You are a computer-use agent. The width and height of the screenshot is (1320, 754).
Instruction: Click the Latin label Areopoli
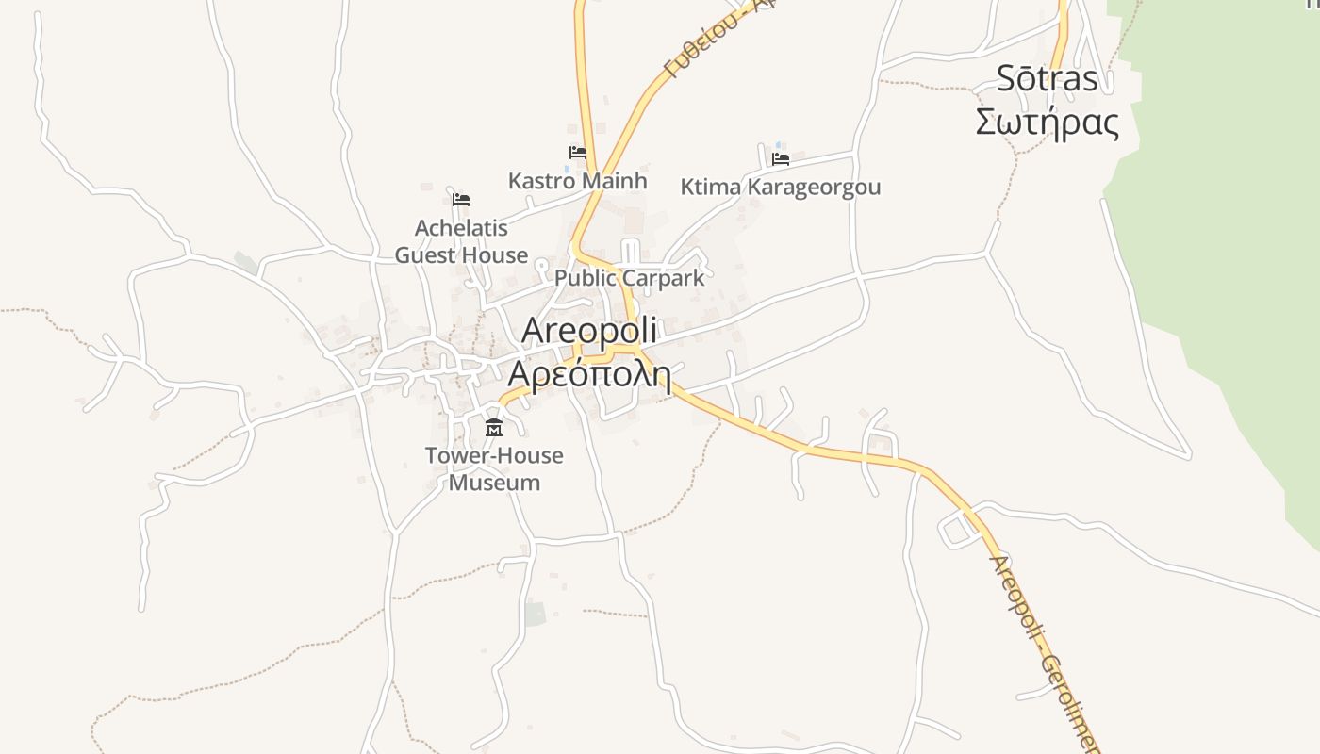coord(588,331)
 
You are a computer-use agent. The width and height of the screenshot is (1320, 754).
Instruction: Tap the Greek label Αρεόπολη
coord(589,374)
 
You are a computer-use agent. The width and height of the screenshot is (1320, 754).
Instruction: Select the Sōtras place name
coord(1048,79)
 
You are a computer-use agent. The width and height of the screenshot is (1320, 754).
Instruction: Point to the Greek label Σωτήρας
coord(1047,123)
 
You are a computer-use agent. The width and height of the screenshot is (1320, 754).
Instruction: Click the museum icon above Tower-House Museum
coord(493,428)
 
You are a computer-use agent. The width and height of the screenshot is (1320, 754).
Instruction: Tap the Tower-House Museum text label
coord(494,469)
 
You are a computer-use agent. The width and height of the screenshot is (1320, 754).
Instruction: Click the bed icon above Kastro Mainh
coord(578,153)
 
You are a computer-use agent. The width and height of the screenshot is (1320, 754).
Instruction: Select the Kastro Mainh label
coord(577,180)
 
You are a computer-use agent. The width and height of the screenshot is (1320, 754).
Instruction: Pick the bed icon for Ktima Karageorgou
coord(781,158)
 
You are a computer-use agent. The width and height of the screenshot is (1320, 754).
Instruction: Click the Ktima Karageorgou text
coord(781,187)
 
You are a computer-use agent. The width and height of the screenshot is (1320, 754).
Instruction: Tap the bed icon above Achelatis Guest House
coord(461,200)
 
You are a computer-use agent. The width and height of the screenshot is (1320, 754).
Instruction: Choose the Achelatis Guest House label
coord(461,241)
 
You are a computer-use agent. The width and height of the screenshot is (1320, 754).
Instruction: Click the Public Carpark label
coord(629,278)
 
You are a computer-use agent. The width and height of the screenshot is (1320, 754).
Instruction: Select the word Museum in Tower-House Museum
coord(494,483)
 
